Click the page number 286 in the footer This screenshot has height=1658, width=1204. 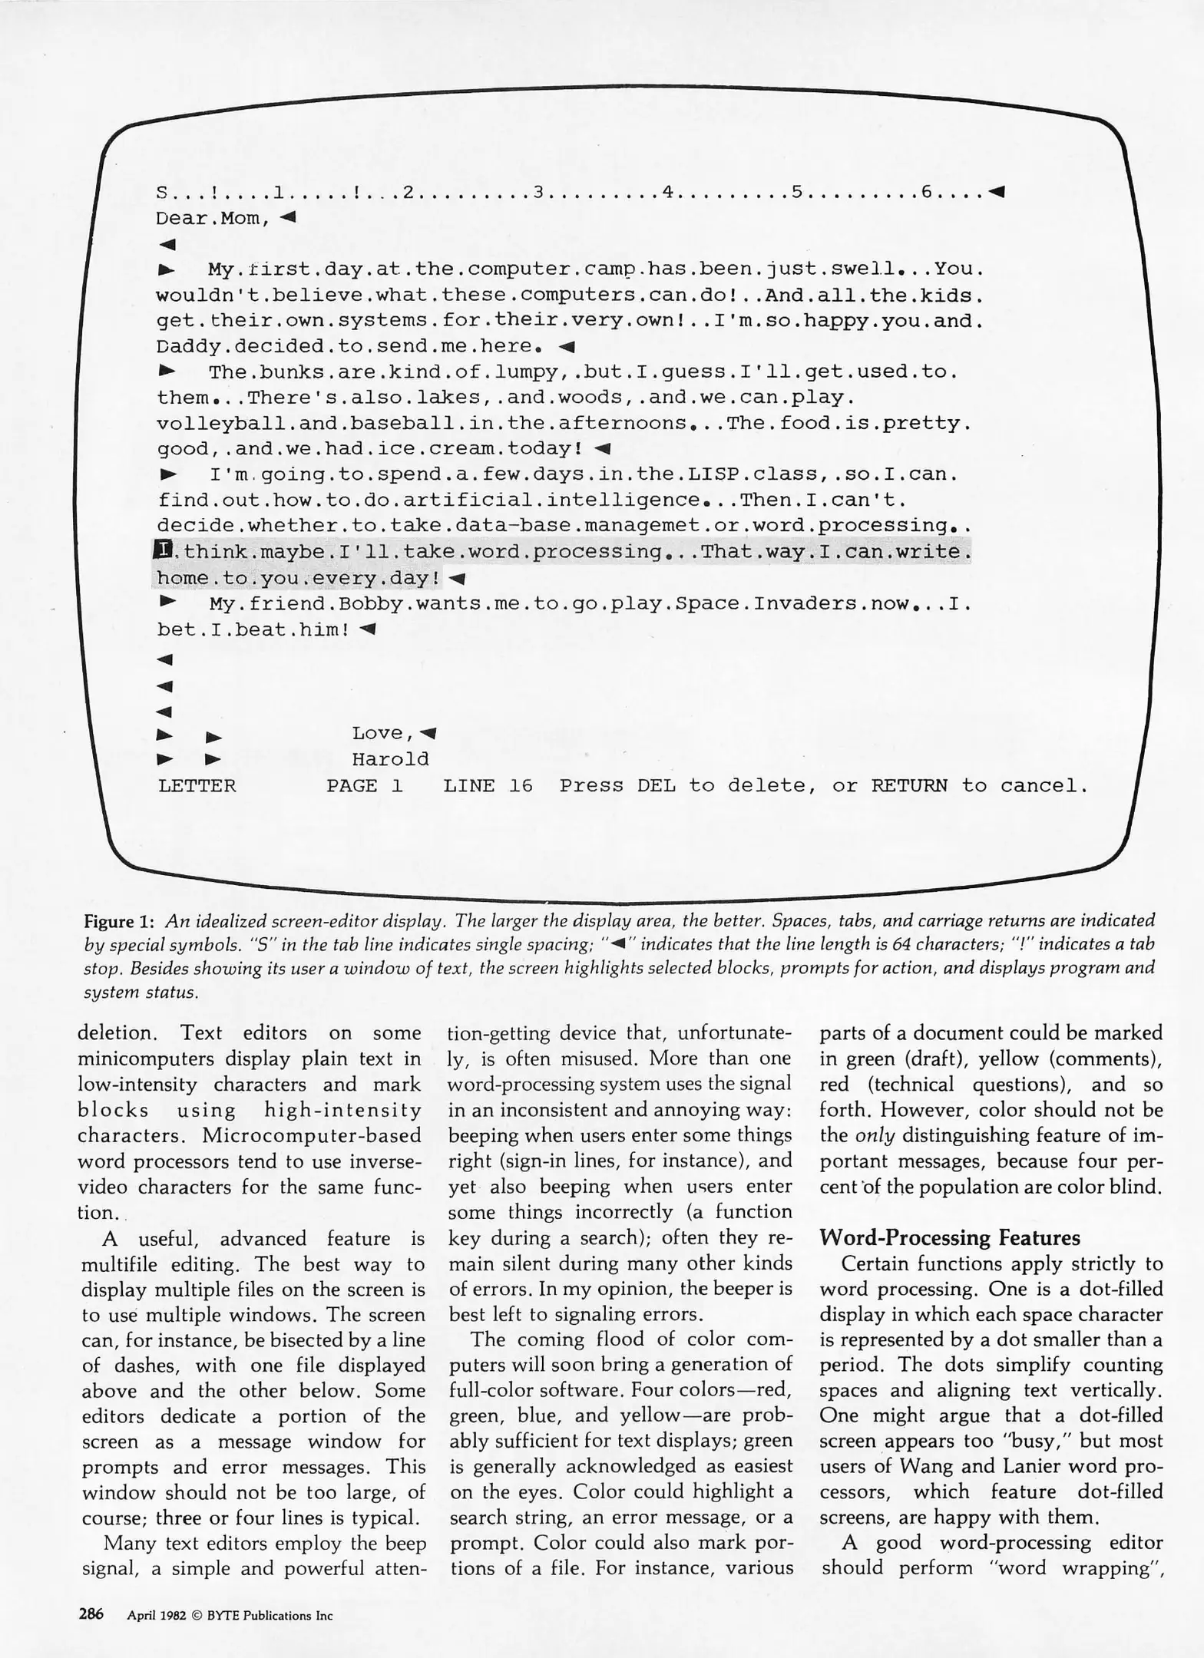91,1613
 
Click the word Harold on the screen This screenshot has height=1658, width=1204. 390,759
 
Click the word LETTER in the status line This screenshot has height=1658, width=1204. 197,785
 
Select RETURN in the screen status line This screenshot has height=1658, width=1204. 909,785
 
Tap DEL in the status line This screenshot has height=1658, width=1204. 657,785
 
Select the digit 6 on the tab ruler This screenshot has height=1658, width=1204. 927,192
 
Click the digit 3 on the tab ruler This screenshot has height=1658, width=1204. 538,192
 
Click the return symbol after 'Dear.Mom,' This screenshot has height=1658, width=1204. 288,217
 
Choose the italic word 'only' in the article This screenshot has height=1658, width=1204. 875,1135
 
